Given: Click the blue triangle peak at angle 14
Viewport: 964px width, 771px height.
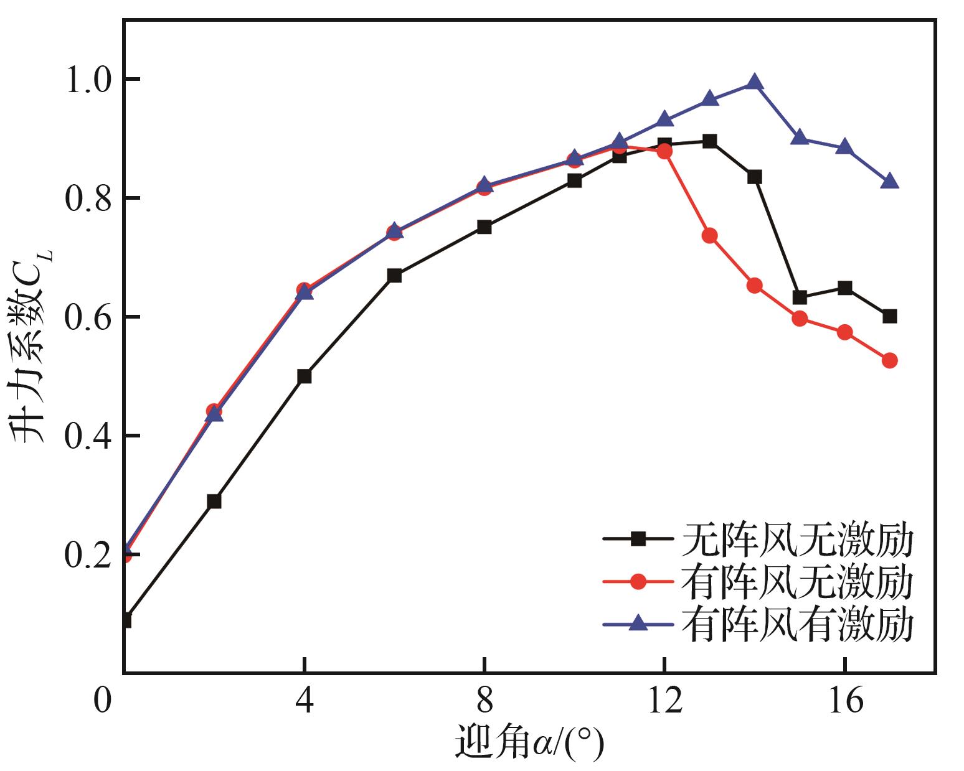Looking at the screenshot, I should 754,83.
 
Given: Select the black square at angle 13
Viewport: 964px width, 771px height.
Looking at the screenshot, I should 709,141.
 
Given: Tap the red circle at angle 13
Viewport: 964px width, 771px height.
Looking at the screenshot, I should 709,235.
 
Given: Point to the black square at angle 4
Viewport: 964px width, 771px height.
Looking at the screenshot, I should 304,376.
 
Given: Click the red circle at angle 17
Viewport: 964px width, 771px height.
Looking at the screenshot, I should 890,360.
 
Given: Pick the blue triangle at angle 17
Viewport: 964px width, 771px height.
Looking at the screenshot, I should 890,181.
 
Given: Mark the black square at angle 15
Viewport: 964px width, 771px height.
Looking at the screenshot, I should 800,297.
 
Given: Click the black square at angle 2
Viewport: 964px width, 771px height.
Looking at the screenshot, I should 214,501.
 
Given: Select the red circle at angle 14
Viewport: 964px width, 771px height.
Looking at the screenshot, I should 754,286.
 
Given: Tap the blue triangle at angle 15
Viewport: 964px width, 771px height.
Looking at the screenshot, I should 800,138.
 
